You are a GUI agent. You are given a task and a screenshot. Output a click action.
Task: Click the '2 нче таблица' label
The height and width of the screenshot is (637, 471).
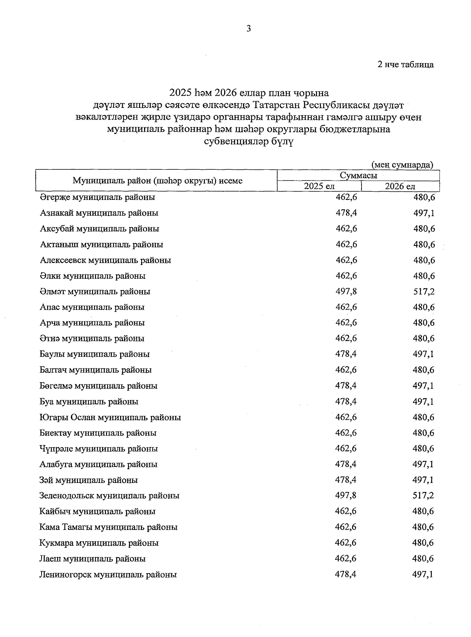[405, 65]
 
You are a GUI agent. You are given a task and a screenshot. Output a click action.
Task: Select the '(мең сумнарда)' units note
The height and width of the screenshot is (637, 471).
[402, 165]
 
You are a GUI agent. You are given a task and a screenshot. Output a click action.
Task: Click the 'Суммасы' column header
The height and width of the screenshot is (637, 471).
[358, 175]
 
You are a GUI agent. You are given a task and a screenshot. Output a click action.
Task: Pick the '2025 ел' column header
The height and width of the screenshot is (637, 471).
[319, 186]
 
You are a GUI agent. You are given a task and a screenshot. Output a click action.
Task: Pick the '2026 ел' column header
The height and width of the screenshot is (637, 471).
[400, 186]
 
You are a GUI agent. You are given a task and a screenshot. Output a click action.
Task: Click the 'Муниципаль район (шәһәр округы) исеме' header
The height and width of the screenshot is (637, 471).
[157, 181]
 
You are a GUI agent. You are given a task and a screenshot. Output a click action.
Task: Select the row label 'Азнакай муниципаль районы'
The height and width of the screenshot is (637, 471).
[99, 213]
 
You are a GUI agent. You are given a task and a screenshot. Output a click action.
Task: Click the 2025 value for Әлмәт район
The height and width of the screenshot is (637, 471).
[346, 291]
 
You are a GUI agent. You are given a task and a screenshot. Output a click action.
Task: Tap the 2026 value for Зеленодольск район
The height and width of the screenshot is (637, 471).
[423, 495]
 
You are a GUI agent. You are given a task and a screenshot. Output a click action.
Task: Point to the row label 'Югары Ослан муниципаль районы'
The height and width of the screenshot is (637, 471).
[110, 417]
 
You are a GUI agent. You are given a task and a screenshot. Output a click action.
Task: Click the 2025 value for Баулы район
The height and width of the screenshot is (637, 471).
[346, 354]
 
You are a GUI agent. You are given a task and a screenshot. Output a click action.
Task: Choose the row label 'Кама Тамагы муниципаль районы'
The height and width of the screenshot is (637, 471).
[108, 527]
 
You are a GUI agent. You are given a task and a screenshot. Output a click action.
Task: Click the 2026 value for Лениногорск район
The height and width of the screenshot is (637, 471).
[423, 574]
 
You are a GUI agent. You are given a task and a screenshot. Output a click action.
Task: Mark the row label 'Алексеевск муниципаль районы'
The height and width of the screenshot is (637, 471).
[105, 260]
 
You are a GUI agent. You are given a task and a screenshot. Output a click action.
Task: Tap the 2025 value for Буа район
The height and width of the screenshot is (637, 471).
[346, 401]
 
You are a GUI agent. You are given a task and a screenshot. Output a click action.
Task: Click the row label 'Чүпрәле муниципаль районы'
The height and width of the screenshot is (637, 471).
[99, 448]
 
